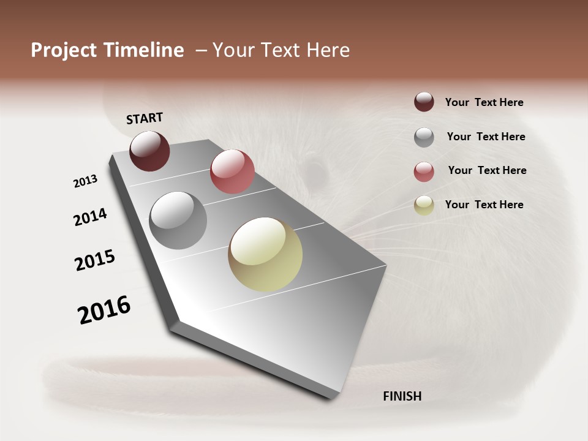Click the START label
point(145,118)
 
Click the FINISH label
point(402,396)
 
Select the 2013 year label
point(85,181)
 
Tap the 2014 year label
point(90,217)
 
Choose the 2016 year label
point(104,310)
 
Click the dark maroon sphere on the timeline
point(149,151)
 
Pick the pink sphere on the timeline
point(232,171)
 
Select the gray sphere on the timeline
point(178,221)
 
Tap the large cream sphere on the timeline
point(265,254)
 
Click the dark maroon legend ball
point(424,102)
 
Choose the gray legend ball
point(424,137)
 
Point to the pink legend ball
point(424,171)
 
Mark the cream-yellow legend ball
point(424,205)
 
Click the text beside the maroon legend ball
point(484,102)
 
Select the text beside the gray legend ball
point(486,137)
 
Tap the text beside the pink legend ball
point(487,170)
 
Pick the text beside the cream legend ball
point(484,205)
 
